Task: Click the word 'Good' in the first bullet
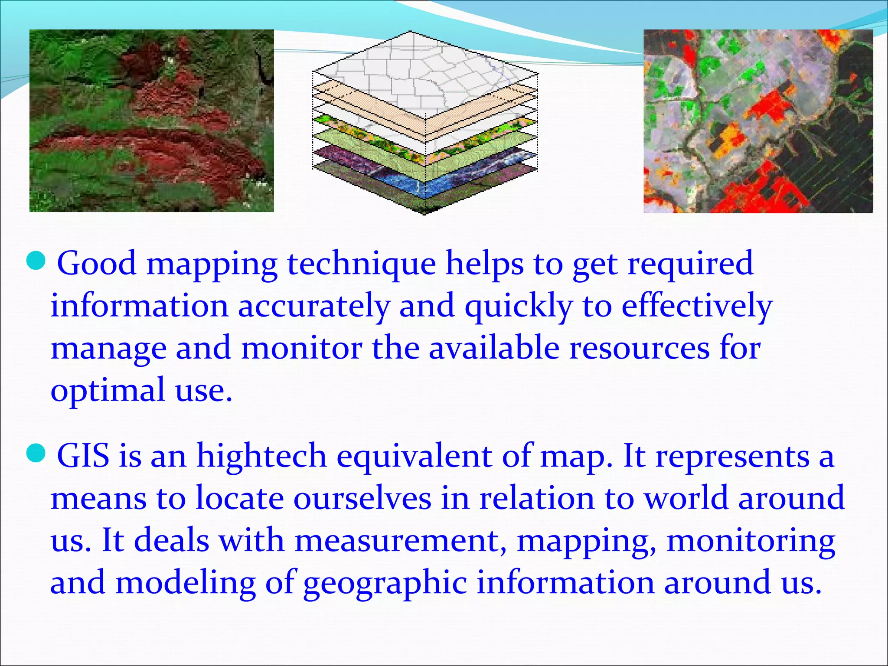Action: [97, 263]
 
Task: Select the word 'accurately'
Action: [314, 306]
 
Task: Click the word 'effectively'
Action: [697, 306]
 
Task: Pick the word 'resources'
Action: [639, 348]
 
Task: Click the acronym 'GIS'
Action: [83, 456]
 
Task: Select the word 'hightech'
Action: [261, 456]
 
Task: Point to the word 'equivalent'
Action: [414, 457]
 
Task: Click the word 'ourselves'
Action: [362, 498]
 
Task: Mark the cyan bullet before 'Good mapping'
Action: [36, 261]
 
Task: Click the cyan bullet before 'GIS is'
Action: [36, 454]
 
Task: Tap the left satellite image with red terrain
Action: [151, 121]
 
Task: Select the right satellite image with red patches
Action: [758, 121]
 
